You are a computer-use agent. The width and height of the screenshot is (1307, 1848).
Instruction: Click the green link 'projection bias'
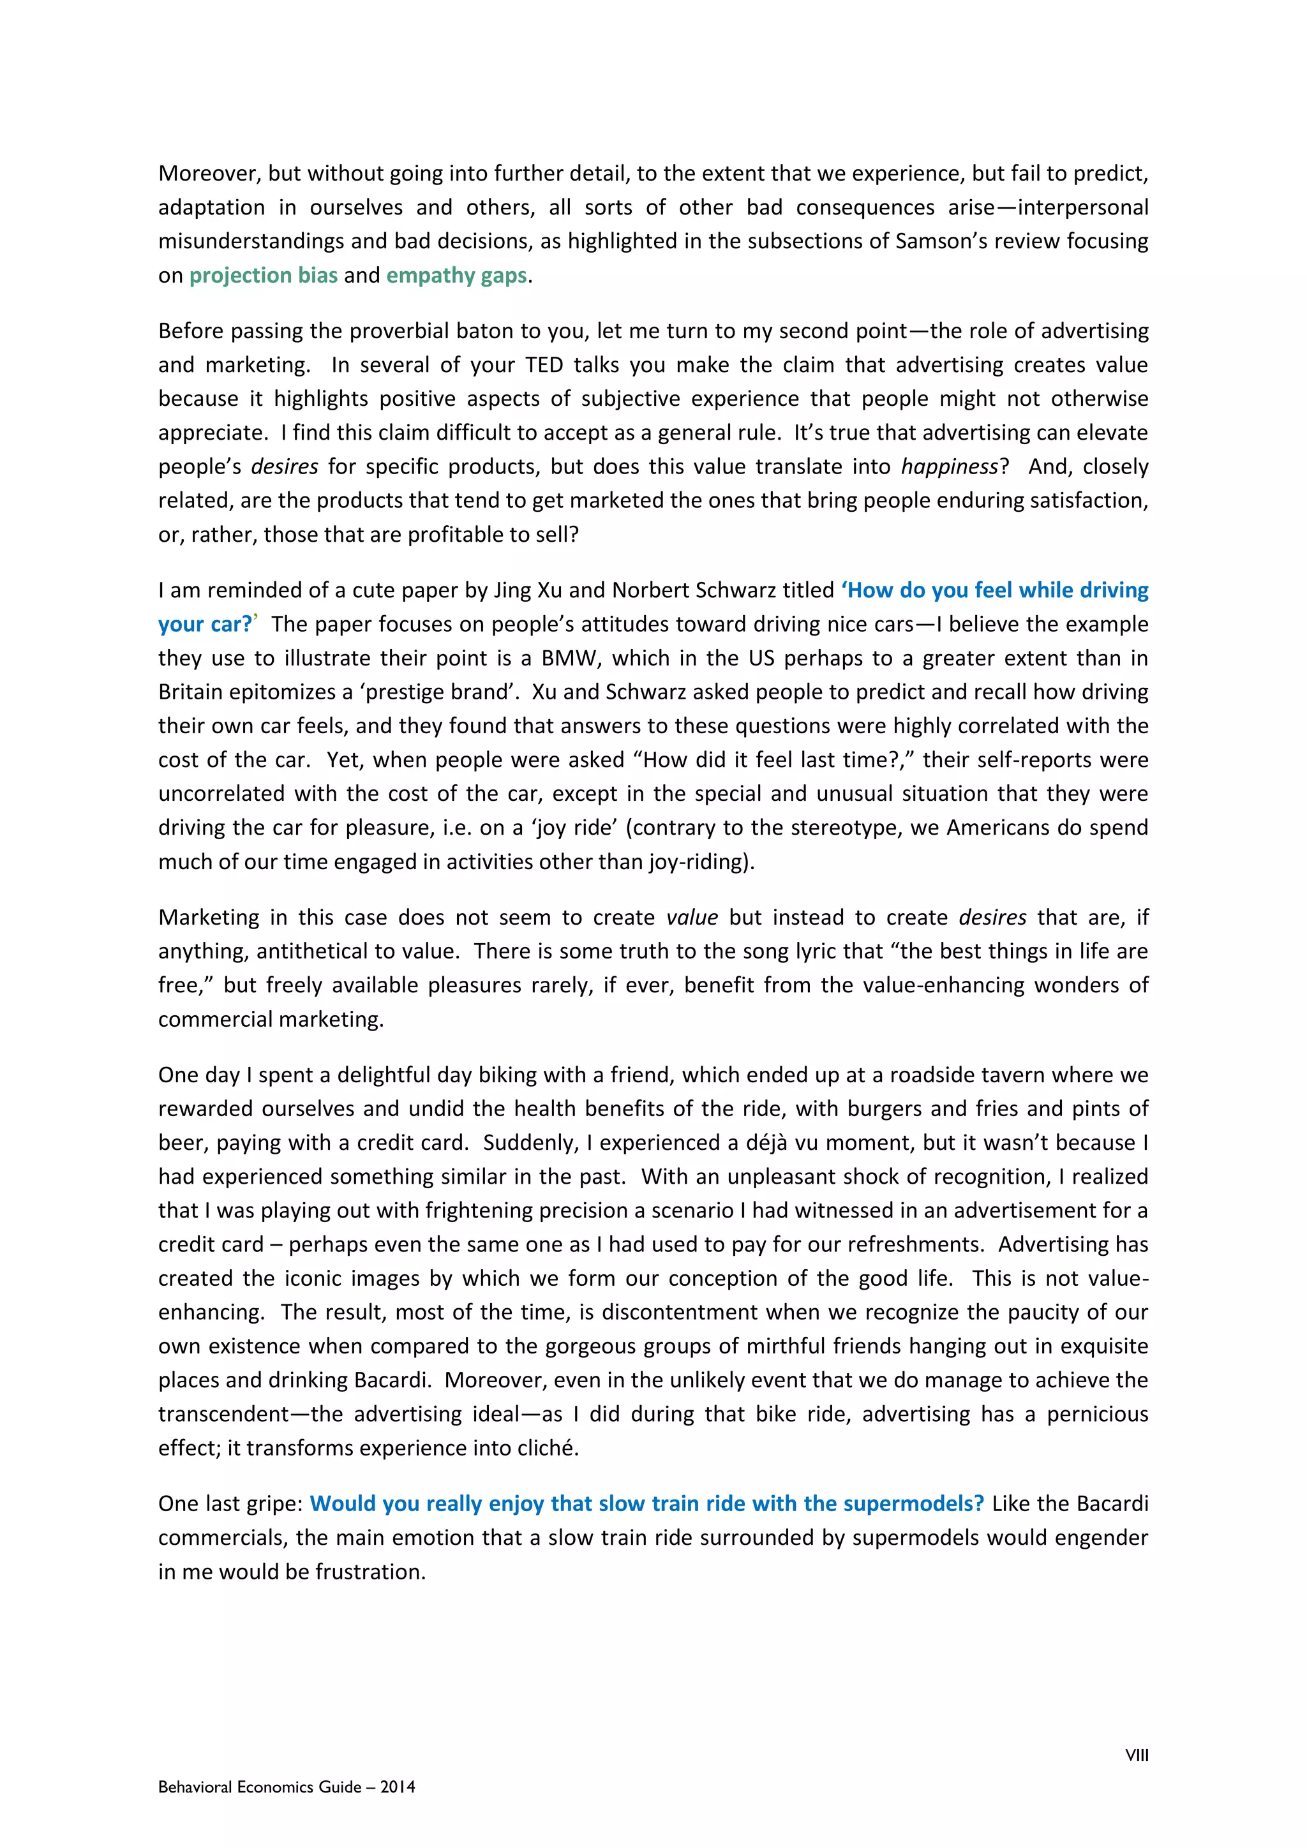pyautogui.click(x=263, y=275)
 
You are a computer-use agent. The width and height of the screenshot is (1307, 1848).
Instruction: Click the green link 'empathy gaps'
pyautogui.click(x=456, y=275)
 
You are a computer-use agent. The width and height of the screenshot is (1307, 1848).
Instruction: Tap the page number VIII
pyautogui.click(x=1137, y=1755)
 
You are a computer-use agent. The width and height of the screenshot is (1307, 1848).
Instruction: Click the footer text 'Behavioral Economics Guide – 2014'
pyautogui.click(x=287, y=1787)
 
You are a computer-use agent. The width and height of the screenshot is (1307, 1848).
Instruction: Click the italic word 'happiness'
pyautogui.click(x=949, y=467)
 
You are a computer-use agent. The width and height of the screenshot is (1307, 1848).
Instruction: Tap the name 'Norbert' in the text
pyautogui.click(x=650, y=590)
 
